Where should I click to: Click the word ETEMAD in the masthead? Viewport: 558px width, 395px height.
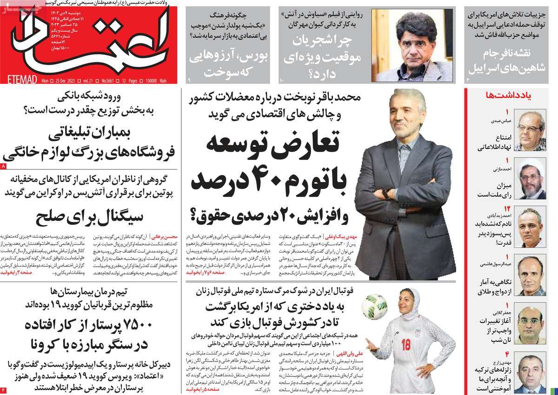18,81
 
